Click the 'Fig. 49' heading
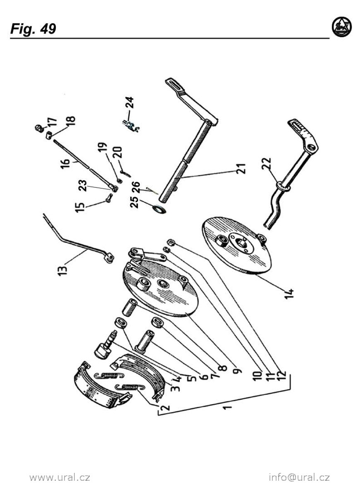[33, 29]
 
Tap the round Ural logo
[342, 27]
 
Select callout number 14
[289, 293]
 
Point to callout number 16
[65, 164]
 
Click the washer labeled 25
[160, 209]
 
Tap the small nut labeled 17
[38, 128]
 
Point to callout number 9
[237, 371]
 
